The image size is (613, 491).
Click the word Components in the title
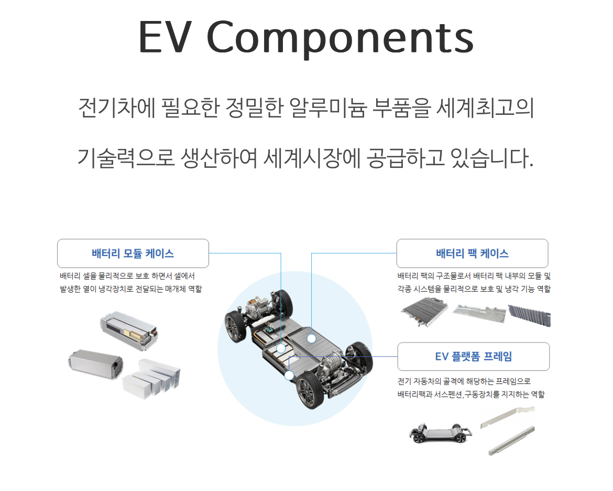pos(341,38)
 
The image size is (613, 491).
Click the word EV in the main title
pos(167,38)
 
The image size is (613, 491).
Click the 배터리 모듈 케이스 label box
pos(133,253)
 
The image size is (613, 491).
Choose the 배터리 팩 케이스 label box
pos(472,253)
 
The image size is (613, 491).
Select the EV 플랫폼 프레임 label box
pos(473,357)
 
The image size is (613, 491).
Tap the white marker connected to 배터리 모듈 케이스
pos(281,348)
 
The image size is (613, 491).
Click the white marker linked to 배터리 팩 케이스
pos(311,338)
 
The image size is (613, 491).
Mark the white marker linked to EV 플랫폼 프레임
pos(289,375)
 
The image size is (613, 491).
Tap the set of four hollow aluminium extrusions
pos(152,376)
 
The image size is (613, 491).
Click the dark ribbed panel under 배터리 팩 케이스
pos(529,316)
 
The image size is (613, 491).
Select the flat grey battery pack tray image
pos(424,314)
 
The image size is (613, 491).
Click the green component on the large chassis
pos(270,330)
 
